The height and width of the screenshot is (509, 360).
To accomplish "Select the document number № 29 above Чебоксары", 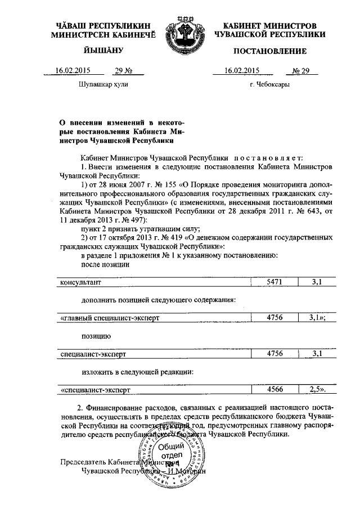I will pos(303,71).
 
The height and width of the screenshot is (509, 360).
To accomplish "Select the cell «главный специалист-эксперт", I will pos(110,318).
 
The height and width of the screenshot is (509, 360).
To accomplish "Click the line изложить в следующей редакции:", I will pos(138,371).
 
